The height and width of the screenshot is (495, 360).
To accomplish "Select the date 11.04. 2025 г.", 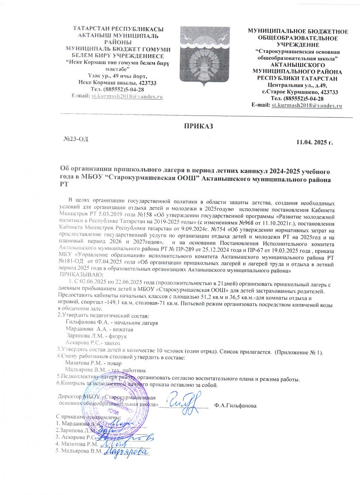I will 314,143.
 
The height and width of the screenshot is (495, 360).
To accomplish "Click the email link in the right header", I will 307,106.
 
